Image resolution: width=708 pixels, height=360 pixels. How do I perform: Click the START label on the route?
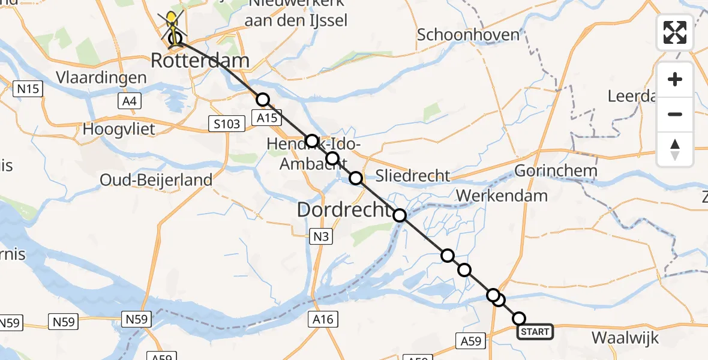pyautogui.click(x=535, y=332)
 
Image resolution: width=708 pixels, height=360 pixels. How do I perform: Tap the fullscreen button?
pyautogui.click(x=675, y=32)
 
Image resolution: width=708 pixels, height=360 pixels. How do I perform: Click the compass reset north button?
pyautogui.click(x=675, y=149)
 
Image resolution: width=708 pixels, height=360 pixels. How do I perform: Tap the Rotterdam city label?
pyautogui.click(x=200, y=60)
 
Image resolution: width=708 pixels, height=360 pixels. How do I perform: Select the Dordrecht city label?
pyautogui.click(x=344, y=209)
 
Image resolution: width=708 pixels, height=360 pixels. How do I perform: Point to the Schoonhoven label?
pyautogui.click(x=468, y=34)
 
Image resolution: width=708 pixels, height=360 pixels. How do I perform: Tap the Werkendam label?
pyautogui.click(x=502, y=195)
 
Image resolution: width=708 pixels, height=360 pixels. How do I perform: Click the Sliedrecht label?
pyautogui.click(x=412, y=176)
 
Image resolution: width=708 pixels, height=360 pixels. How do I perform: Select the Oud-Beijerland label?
pyautogui.click(x=156, y=179)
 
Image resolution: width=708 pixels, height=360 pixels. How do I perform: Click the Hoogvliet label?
pyautogui.click(x=119, y=128)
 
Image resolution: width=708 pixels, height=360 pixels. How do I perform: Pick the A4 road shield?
pyautogui.click(x=129, y=101)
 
